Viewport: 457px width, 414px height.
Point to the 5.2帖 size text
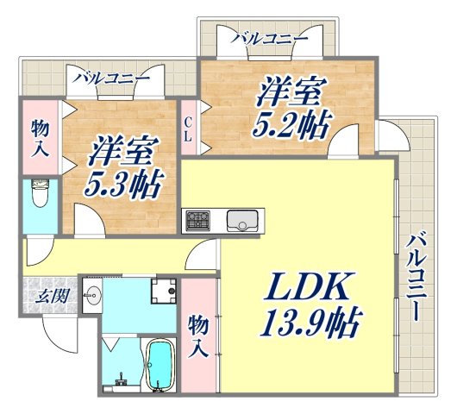pyautogui.click(x=292, y=126)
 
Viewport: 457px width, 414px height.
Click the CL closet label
pyautogui.click(x=187, y=129)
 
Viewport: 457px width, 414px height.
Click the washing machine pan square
pyautogui.click(x=163, y=291)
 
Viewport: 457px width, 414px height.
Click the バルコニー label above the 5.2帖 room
pyautogui.click(x=271, y=39)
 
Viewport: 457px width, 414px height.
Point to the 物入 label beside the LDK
pyautogui.click(x=198, y=337)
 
